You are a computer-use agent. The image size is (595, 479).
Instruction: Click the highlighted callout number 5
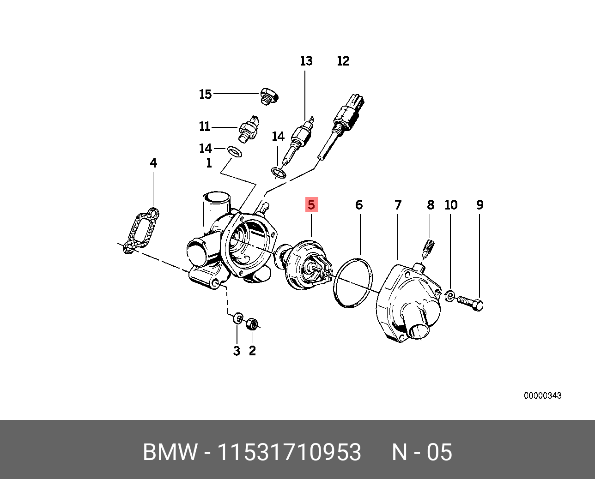coord(311,204)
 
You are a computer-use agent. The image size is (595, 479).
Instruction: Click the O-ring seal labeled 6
coord(352,282)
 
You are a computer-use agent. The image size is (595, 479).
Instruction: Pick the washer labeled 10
coord(450,295)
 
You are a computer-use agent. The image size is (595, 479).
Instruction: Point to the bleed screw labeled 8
coord(429,248)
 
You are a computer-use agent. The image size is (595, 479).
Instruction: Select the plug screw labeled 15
coord(269,96)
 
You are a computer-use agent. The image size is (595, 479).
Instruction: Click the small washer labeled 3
coord(238,318)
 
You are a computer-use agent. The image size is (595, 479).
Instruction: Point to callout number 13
coord(306,61)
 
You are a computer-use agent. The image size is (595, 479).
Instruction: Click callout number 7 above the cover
coord(398,205)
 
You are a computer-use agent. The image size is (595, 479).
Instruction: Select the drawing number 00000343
coord(542,395)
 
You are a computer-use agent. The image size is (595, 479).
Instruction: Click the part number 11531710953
coord(289,452)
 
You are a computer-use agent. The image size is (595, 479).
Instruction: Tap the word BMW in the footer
coord(170,452)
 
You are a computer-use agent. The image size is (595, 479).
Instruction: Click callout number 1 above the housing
coord(209,163)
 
